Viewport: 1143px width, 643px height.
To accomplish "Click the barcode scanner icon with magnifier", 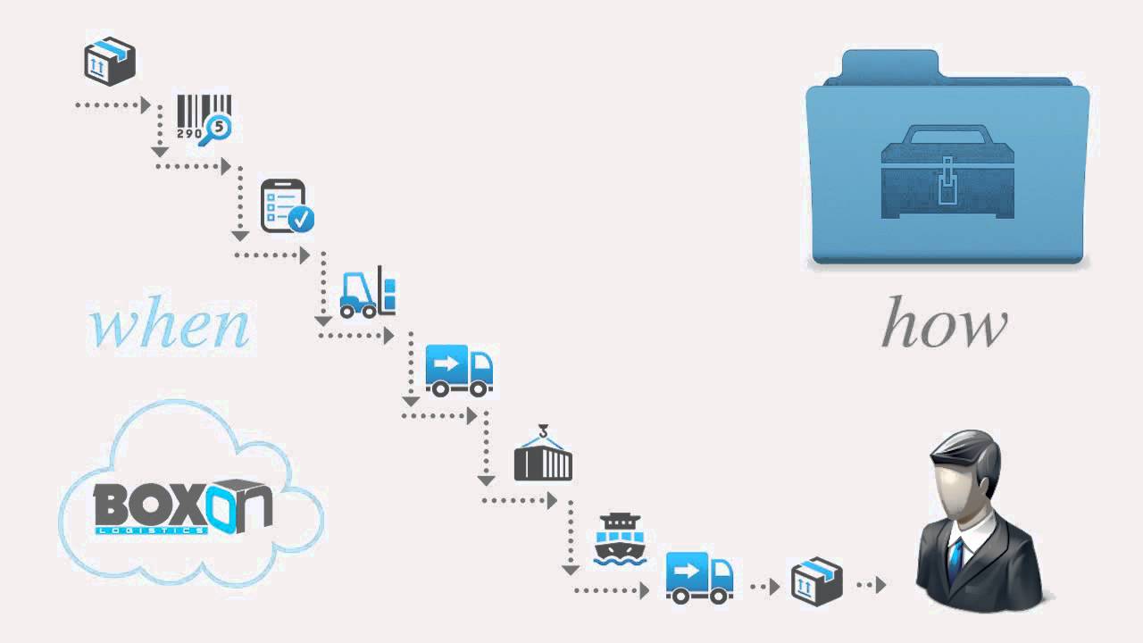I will point(203,118).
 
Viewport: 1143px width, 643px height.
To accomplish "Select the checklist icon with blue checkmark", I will point(286,205).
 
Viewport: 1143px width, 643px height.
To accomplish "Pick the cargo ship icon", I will point(620,539).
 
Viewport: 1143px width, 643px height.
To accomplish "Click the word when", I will point(169,327).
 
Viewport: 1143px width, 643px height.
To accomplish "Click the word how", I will point(944,325).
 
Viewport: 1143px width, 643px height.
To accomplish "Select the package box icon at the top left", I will point(109,61).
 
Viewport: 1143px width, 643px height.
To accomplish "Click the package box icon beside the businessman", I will point(816,581).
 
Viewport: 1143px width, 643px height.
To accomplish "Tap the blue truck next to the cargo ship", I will point(699,576).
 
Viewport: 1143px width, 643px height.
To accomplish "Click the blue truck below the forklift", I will point(458,371).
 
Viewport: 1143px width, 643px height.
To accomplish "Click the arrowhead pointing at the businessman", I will point(880,586).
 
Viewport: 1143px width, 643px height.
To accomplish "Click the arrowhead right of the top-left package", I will point(146,105).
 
